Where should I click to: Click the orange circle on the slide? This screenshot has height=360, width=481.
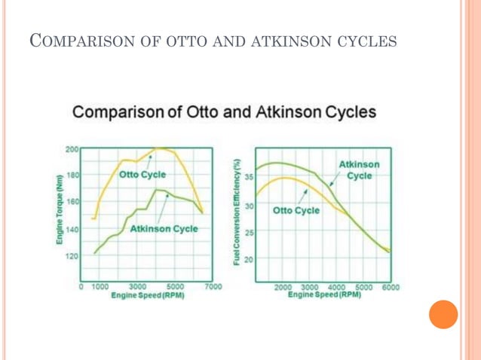tap(443, 314)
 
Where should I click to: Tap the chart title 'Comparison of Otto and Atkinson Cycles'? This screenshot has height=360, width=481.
tap(224, 114)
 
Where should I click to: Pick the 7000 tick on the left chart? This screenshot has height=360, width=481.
tap(213, 287)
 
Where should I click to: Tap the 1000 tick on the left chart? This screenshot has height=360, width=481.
tap(100, 287)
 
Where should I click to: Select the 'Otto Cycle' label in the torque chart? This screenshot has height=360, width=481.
tap(142, 174)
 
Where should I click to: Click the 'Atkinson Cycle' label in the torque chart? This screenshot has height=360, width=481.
tap(164, 228)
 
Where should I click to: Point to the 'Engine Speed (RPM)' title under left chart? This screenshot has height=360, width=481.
tap(148, 296)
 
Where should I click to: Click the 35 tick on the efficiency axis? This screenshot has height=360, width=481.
tap(249, 176)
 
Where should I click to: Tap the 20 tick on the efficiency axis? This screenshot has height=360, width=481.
tap(249, 259)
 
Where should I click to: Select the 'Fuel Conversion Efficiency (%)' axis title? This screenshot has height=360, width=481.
tap(237, 212)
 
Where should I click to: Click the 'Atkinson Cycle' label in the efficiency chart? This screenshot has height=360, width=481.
tap(359, 169)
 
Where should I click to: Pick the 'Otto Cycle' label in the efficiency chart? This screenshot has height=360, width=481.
tap(296, 210)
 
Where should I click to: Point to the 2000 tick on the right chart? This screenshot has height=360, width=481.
tap(283, 287)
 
